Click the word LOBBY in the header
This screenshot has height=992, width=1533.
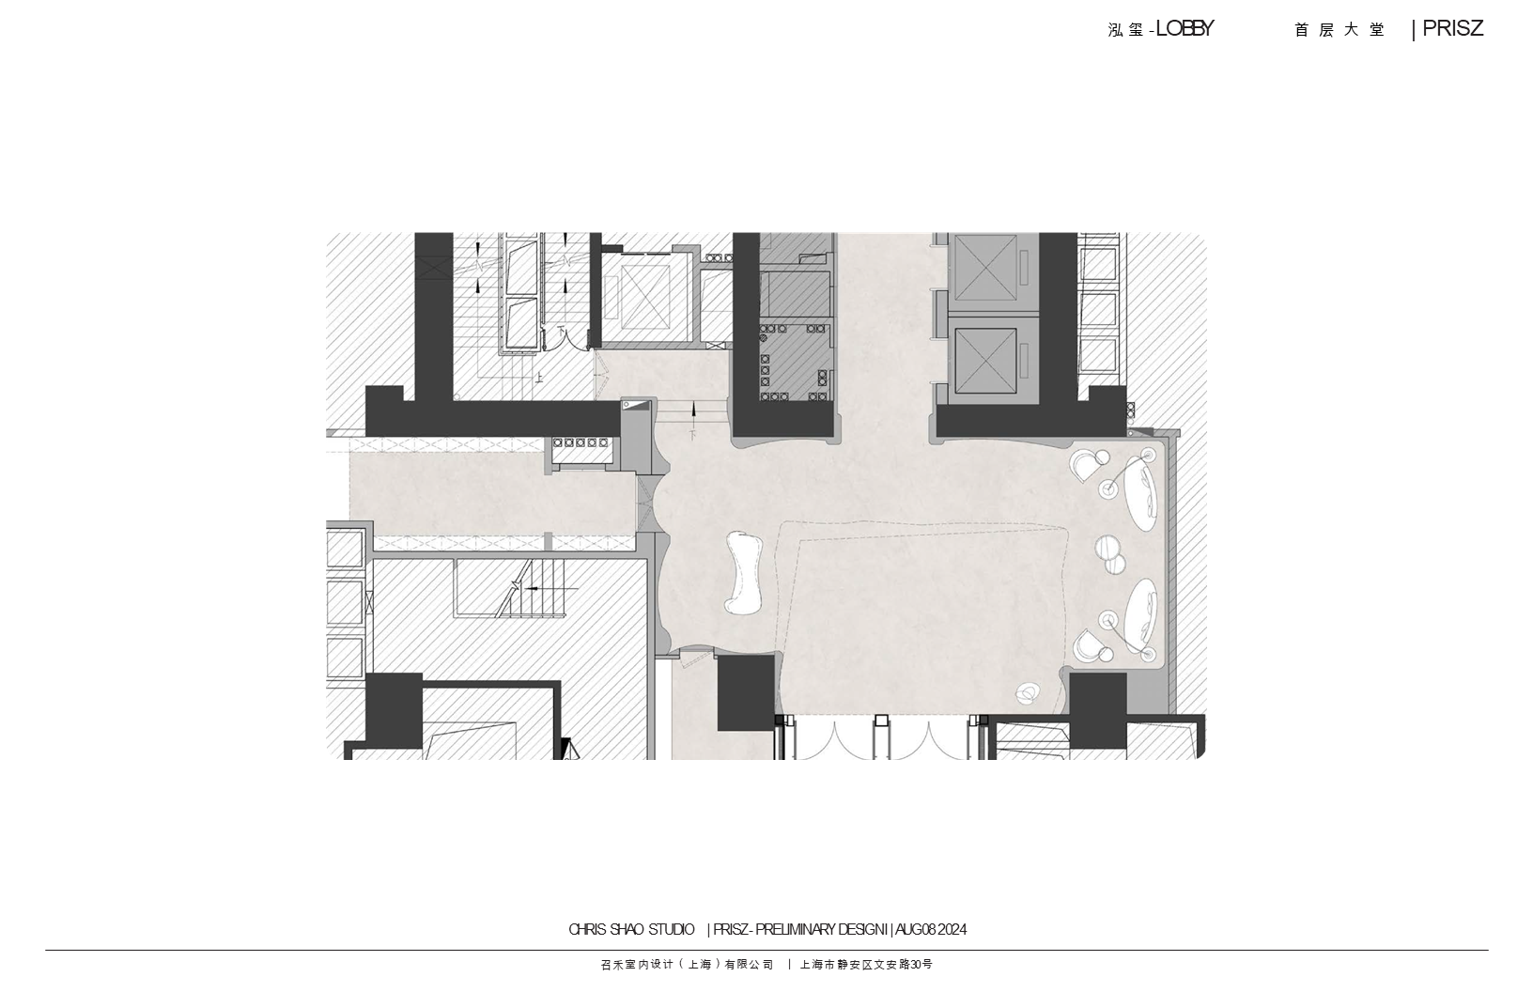pos(1185,29)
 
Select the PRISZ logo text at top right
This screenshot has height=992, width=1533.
pos(1452,29)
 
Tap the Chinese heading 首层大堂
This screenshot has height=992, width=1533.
pos(1339,30)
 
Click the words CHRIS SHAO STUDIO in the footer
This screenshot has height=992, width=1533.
pos(631,929)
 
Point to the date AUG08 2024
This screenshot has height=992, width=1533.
pos(931,929)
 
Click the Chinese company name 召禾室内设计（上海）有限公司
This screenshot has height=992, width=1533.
pos(687,965)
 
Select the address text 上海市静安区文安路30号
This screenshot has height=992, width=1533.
pos(866,965)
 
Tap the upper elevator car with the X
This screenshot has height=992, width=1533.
pos(985,268)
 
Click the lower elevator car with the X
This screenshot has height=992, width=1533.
pos(985,361)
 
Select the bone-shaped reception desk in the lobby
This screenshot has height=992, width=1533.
pos(744,572)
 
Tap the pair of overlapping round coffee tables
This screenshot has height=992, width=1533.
pos(1110,554)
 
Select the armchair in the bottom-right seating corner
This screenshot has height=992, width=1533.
pos(1087,645)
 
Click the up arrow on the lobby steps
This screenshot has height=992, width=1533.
pos(694,411)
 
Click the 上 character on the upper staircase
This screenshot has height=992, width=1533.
pos(539,376)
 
